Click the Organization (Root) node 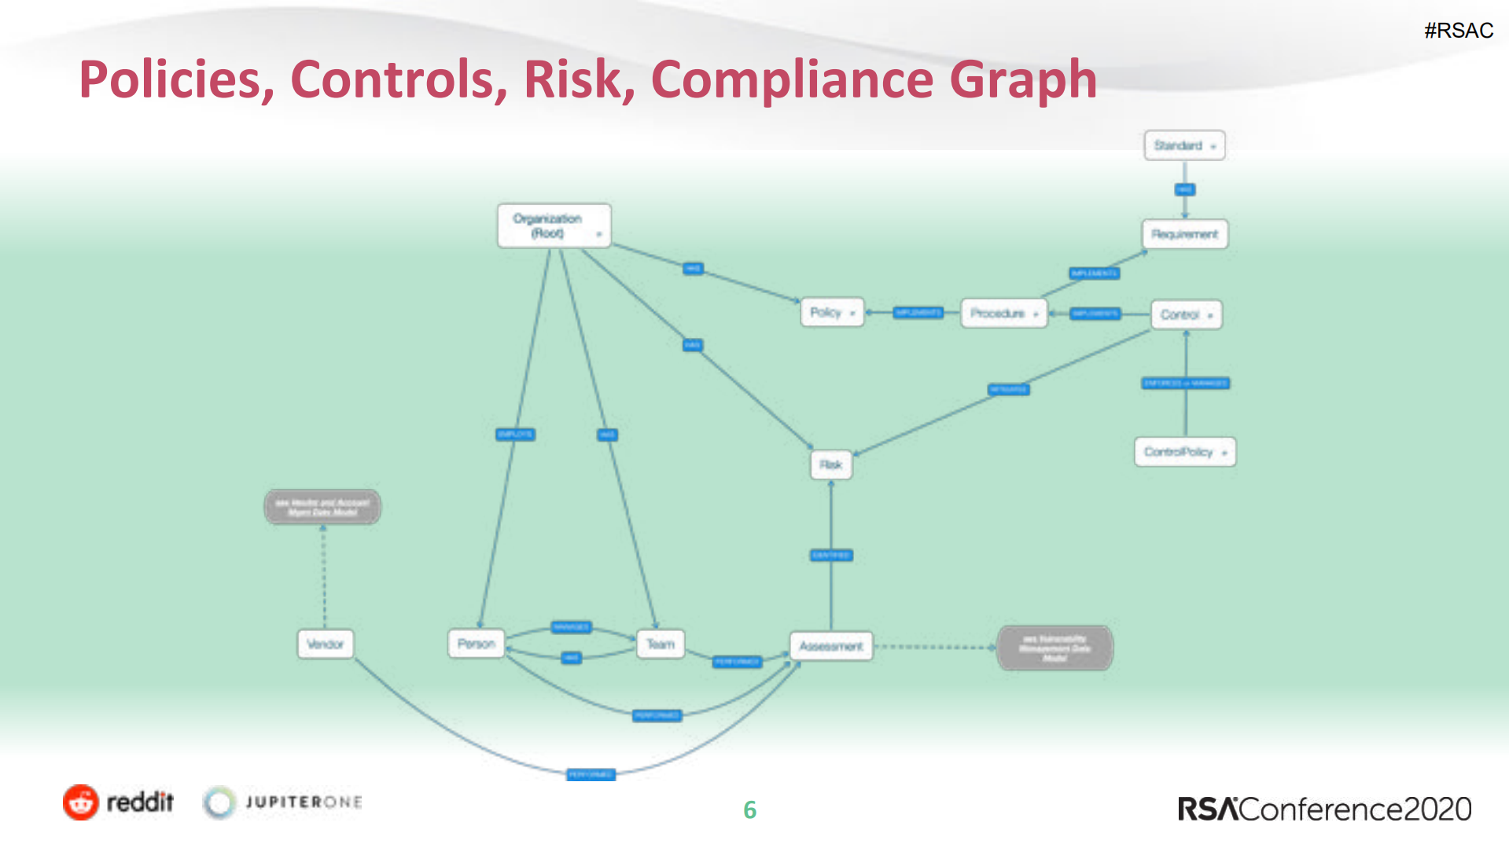554,226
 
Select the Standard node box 1184,145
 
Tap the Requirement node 1184,234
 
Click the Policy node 831,313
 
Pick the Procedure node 1003,314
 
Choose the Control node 1186,315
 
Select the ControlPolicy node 1184,452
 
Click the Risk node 830,464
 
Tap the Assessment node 831,646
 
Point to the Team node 661,644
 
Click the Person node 476,644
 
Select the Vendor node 325,644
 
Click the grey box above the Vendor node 322,507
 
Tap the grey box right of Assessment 1054,648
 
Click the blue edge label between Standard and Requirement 1184,189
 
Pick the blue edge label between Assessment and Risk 831,556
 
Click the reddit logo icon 81,802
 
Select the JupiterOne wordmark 304,802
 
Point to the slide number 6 749,810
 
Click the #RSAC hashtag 1458,31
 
